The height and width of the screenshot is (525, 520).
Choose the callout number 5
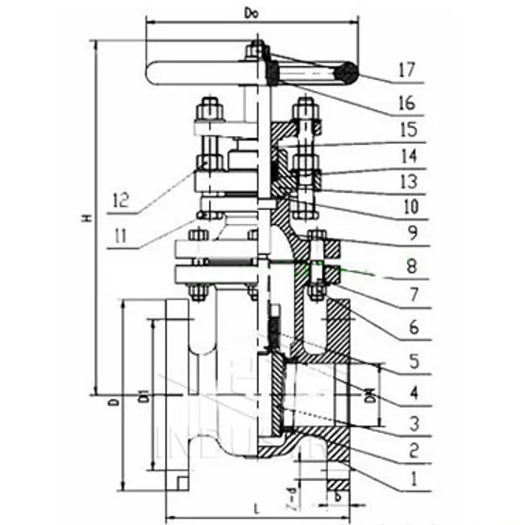(412, 358)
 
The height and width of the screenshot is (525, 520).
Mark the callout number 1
(412, 477)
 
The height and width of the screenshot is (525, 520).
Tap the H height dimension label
(87, 218)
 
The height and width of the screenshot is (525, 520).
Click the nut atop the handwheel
(254, 49)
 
